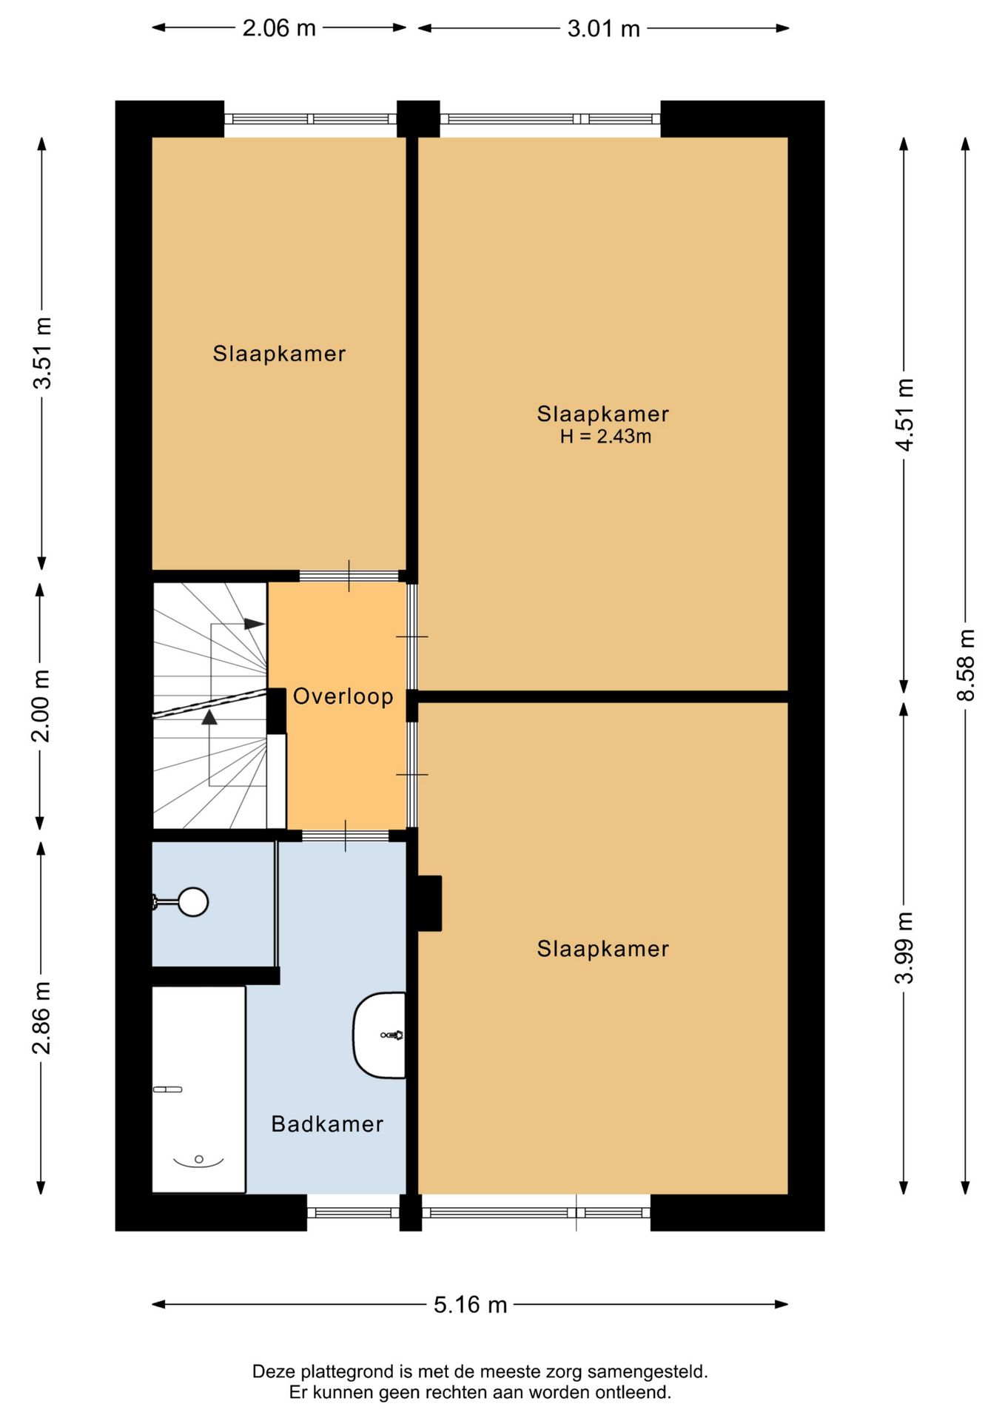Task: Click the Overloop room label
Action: coord(343,696)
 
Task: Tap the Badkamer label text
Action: coord(327,1124)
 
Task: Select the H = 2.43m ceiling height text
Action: coord(605,437)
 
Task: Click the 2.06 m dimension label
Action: coord(279,28)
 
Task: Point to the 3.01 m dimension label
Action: coord(603,29)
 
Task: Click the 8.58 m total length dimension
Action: coord(966,665)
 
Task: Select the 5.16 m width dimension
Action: coord(470,1304)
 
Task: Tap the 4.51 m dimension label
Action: coord(904,414)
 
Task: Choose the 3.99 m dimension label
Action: coord(904,948)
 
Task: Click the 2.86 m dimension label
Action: coord(41,1018)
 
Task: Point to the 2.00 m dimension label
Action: coord(41,706)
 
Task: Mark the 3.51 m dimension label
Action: coord(42,353)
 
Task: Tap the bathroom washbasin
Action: coord(380,1035)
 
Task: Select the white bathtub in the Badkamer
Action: coord(198,1089)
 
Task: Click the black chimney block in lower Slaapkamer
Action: coord(429,903)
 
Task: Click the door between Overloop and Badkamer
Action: coord(346,836)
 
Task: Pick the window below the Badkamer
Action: coord(353,1212)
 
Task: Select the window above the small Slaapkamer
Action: coord(311,119)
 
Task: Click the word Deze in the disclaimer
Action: coord(272,1371)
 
